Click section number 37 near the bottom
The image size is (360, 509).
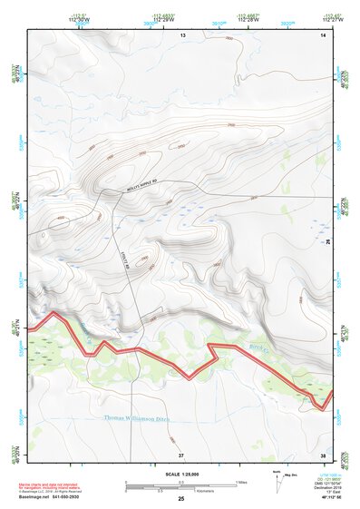(181, 454)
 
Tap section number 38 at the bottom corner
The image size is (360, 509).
(324, 454)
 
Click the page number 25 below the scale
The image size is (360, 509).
(181, 500)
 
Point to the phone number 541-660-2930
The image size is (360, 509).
(86, 497)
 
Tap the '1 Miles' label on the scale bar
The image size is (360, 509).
(241, 481)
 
